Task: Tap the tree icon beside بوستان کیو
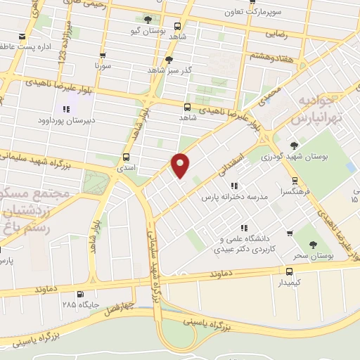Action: [x=148, y=20]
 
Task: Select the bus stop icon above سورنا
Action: [x=103, y=56]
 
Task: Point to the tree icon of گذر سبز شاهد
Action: [x=168, y=60]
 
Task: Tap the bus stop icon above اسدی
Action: [x=127, y=157]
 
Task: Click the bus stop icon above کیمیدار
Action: [x=289, y=271]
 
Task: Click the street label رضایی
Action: [x=276, y=33]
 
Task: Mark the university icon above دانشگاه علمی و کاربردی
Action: [x=243, y=227]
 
